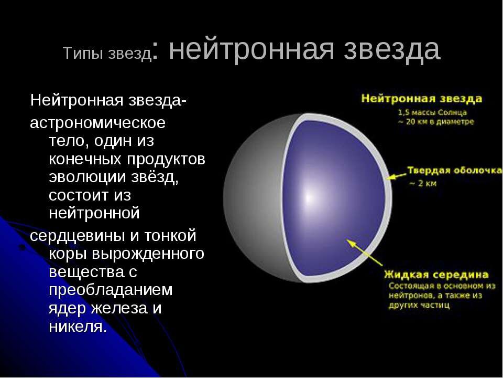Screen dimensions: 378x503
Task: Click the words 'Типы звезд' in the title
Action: tap(107, 54)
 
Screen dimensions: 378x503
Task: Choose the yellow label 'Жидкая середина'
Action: tap(436, 275)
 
